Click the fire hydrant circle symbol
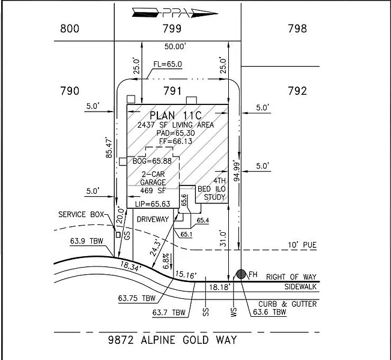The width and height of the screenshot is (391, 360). [241, 274]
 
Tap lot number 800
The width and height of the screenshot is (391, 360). [70, 28]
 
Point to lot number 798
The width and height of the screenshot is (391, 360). [297, 28]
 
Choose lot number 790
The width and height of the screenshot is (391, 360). [70, 91]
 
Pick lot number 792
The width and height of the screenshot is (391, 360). [297, 91]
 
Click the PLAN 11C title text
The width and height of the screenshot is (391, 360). [178, 115]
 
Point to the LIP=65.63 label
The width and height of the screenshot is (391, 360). [152, 204]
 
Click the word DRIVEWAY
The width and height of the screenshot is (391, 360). [154, 220]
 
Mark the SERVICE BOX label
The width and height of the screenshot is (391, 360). [81, 214]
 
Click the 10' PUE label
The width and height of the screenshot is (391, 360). [300, 245]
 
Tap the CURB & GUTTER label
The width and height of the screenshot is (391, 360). [287, 304]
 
